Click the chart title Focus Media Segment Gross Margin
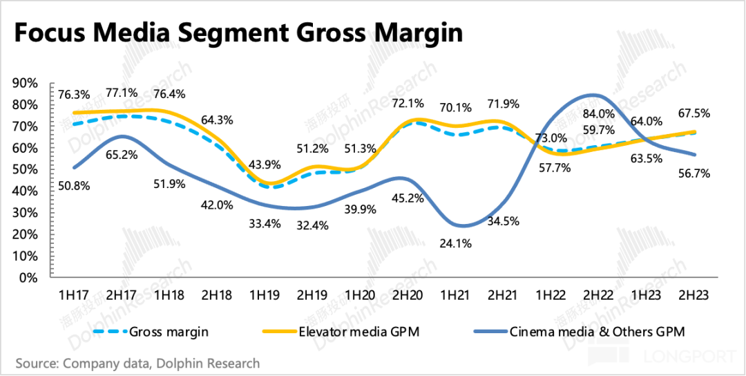(238, 33)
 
